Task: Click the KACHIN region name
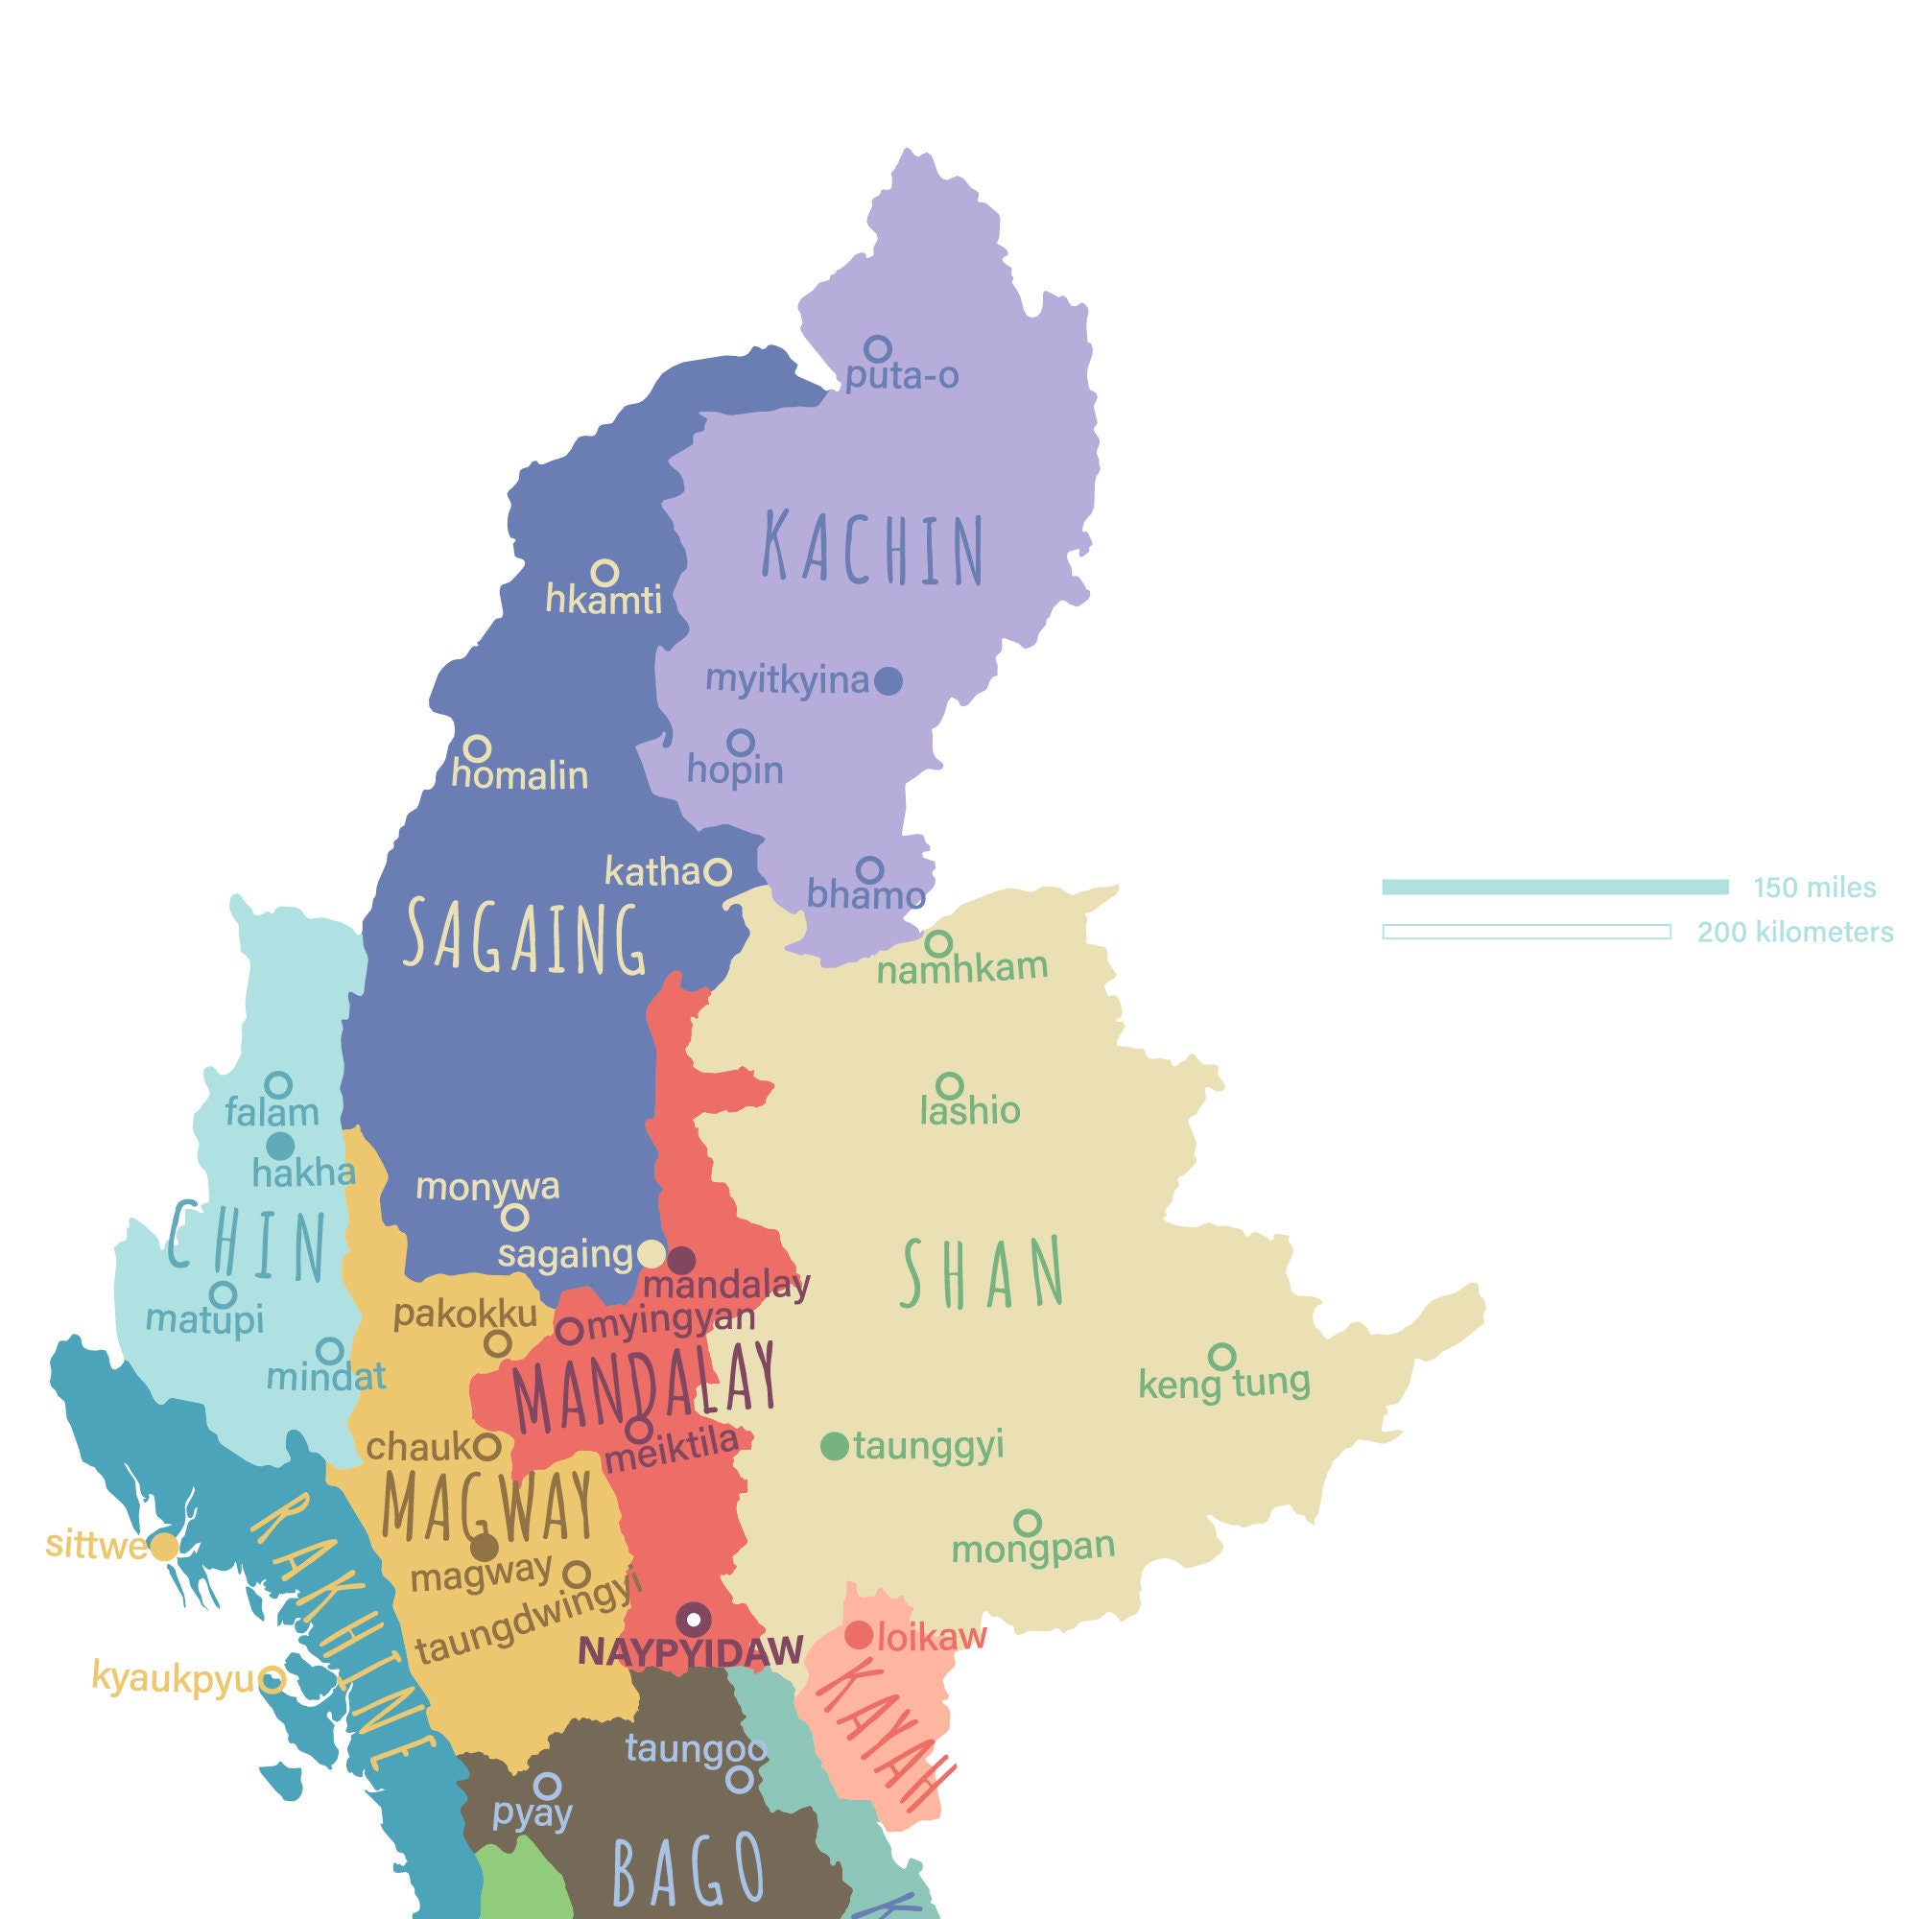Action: [x=873, y=548]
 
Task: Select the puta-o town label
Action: [x=901, y=375]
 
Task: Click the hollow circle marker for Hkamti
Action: [x=604, y=572]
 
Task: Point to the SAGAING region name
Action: [x=525, y=936]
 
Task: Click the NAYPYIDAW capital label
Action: [x=690, y=1649]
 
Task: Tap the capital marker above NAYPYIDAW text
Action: [x=694, y=1619]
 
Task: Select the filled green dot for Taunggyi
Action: [x=835, y=1446]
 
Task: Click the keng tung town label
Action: [x=1223, y=1383]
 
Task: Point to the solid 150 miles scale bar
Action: [x=1554, y=887]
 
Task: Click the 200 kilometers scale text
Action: [x=1795, y=932]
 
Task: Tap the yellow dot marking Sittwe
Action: [x=164, y=1547]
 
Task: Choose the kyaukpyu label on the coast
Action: [x=173, y=1676]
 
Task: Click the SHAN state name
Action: [x=983, y=1274]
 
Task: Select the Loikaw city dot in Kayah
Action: [x=858, y=1635]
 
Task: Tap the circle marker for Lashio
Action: [x=950, y=1084]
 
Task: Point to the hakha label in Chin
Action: [x=304, y=1173]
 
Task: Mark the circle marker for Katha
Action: [x=718, y=872]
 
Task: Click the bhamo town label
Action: [x=865, y=895]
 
